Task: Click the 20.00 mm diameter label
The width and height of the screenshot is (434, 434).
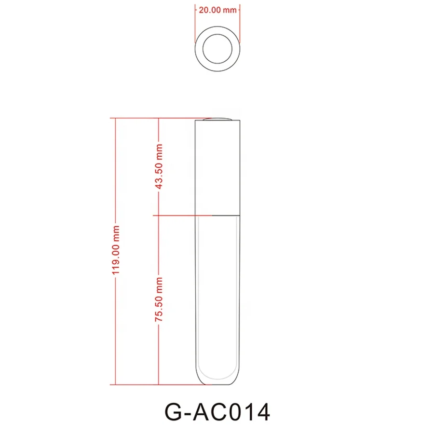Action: point(217,10)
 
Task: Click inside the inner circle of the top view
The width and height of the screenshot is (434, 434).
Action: point(217,49)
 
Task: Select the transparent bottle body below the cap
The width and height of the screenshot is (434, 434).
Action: point(217,289)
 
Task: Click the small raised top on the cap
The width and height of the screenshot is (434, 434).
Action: point(217,119)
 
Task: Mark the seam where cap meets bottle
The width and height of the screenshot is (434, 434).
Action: point(217,215)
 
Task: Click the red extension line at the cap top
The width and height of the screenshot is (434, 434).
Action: point(154,118)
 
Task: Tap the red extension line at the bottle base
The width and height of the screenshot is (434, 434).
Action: point(154,384)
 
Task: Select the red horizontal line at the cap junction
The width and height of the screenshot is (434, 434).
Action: point(174,215)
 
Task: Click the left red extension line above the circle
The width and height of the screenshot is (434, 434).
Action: point(194,19)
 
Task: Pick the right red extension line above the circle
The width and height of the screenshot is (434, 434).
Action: point(240,19)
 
